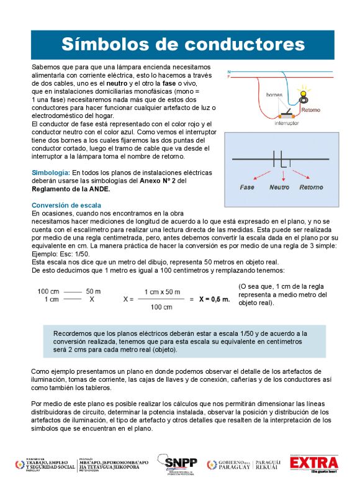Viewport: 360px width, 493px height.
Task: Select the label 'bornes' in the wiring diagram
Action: (x=274, y=95)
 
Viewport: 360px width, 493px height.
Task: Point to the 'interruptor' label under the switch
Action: (x=286, y=123)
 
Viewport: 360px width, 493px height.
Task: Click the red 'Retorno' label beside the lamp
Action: (x=310, y=111)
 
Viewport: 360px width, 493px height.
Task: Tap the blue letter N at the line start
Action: (x=228, y=72)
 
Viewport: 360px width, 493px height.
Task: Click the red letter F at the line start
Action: (x=228, y=77)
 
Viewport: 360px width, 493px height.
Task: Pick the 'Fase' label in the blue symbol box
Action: (x=248, y=187)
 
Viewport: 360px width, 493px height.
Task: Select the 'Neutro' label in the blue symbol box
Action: (x=279, y=187)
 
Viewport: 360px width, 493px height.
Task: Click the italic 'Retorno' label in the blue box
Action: (x=311, y=187)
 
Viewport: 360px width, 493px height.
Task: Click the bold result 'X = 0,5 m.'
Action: (x=215, y=299)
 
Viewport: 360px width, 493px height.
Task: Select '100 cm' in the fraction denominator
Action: (x=161, y=307)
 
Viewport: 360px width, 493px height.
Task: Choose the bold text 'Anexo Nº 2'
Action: (x=163, y=180)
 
